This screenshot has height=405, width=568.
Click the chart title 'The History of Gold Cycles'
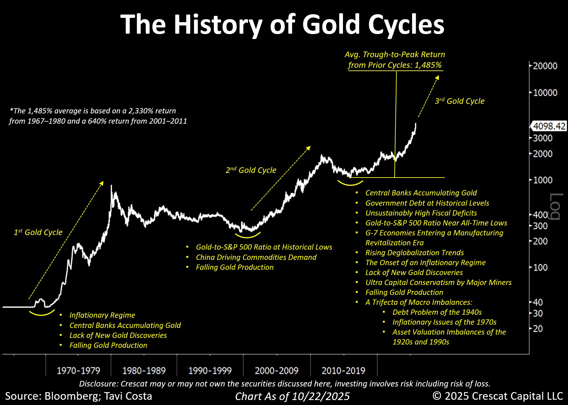[283, 24]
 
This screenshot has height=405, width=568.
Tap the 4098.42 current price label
[549, 126]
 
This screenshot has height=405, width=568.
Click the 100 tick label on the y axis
[540, 267]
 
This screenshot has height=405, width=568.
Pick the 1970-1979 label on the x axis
[78, 371]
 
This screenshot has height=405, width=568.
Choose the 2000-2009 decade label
[277, 371]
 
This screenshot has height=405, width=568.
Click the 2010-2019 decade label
[343, 371]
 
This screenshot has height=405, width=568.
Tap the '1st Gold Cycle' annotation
[38, 232]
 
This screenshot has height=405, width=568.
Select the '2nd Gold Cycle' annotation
[251, 170]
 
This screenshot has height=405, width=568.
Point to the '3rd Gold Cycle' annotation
[459, 101]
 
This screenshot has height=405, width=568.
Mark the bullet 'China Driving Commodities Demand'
[256, 257]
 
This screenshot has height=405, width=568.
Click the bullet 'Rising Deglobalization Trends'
[414, 253]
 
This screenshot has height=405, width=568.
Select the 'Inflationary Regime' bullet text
[102, 315]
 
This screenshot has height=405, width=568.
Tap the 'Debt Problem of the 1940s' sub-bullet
[437, 312]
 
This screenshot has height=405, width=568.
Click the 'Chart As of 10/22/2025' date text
[292, 396]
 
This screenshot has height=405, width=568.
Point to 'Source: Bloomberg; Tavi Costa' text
[79, 396]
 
